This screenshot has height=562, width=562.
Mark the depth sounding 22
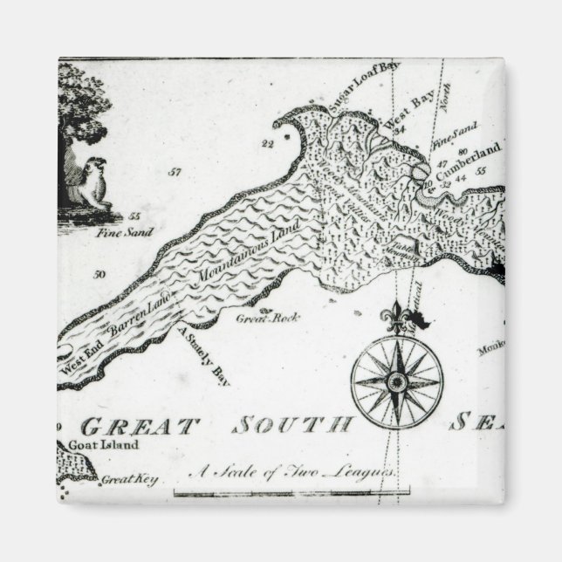coord(267,141)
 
